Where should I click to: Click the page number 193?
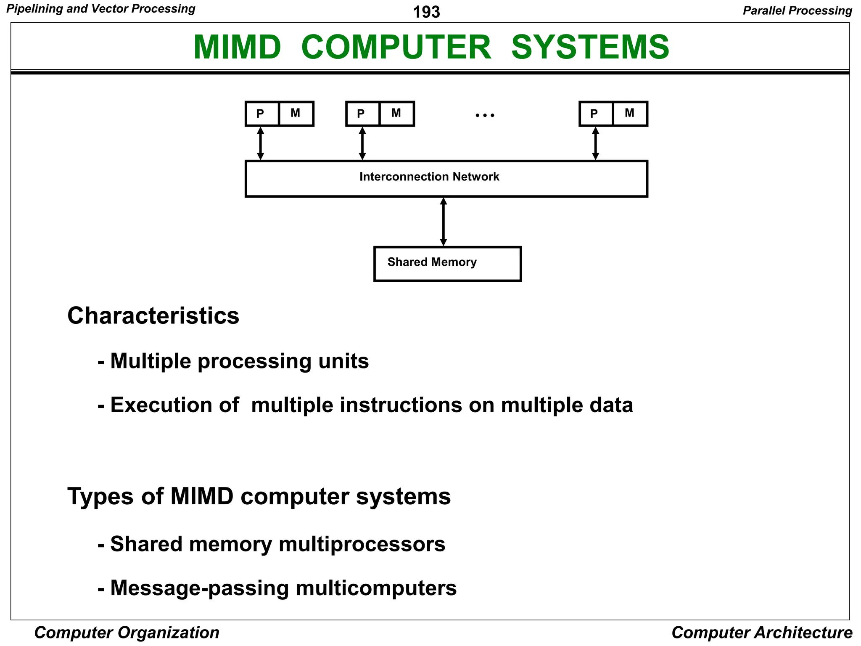point(426,12)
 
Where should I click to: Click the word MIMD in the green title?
point(237,47)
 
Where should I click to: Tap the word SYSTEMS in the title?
point(590,47)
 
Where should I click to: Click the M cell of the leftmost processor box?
point(296,114)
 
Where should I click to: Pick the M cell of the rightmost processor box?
point(630,114)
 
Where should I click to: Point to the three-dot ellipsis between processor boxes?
point(485,115)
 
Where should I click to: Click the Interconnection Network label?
point(429,177)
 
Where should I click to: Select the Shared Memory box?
point(447,264)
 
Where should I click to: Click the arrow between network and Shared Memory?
point(444,222)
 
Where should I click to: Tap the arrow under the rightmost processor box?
point(595,143)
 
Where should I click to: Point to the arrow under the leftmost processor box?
point(261,143)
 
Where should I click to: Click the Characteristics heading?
point(153,315)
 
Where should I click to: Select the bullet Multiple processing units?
point(239,361)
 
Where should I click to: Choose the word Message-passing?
point(199,588)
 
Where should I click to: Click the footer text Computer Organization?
point(127,633)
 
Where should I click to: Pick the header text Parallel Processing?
point(797,11)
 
